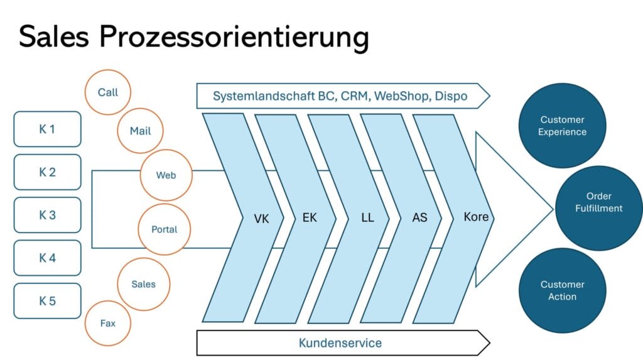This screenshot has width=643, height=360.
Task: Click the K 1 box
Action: [47, 129]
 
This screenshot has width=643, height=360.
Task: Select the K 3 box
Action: [47, 215]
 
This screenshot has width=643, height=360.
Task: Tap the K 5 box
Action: [47, 301]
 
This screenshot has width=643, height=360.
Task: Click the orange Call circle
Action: [107, 92]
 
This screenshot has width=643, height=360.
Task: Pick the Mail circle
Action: [140, 131]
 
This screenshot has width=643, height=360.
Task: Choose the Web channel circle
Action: [166, 175]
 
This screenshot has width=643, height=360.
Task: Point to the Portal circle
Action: [164, 229]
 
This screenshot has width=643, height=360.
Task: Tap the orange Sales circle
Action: [143, 284]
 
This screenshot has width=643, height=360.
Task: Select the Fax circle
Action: [107, 324]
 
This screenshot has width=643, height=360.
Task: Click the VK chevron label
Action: [261, 219]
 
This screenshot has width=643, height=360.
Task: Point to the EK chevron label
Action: [310, 218]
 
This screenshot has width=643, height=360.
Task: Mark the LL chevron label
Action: [367, 218]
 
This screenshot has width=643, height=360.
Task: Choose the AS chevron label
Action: [419, 218]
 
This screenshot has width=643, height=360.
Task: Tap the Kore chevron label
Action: [475, 217]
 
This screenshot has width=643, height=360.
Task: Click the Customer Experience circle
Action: [562, 126]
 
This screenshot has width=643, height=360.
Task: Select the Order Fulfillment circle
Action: [598, 202]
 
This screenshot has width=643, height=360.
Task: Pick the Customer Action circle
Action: [562, 291]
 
